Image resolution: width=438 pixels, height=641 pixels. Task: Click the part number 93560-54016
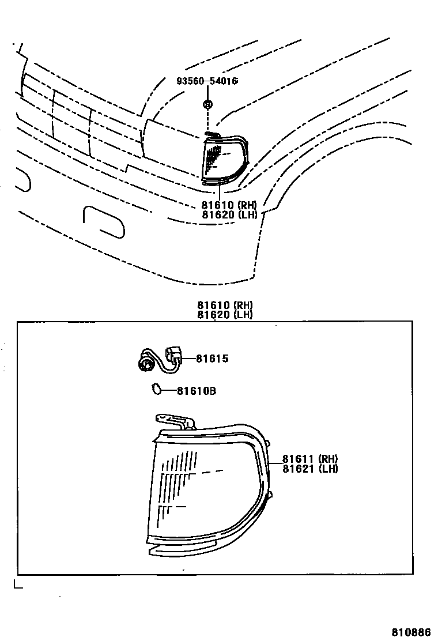point(207,81)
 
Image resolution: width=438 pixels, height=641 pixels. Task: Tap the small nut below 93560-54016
point(207,104)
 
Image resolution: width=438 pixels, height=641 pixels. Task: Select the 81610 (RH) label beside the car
point(228,205)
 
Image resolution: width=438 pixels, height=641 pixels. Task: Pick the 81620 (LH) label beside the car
point(228,214)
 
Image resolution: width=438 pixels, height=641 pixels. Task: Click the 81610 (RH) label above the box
point(225,306)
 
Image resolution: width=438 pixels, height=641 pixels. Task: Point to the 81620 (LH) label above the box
point(225,315)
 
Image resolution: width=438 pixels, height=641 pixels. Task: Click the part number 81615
point(212,359)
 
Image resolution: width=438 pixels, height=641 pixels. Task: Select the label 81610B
point(196,391)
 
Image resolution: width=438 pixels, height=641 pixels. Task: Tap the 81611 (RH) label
point(309,459)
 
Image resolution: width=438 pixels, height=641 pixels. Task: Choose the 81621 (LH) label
point(309,469)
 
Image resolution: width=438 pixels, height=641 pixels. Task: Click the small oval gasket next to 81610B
point(156,390)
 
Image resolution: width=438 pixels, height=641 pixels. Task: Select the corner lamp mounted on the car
point(224,158)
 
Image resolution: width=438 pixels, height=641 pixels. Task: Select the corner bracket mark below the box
point(17,585)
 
